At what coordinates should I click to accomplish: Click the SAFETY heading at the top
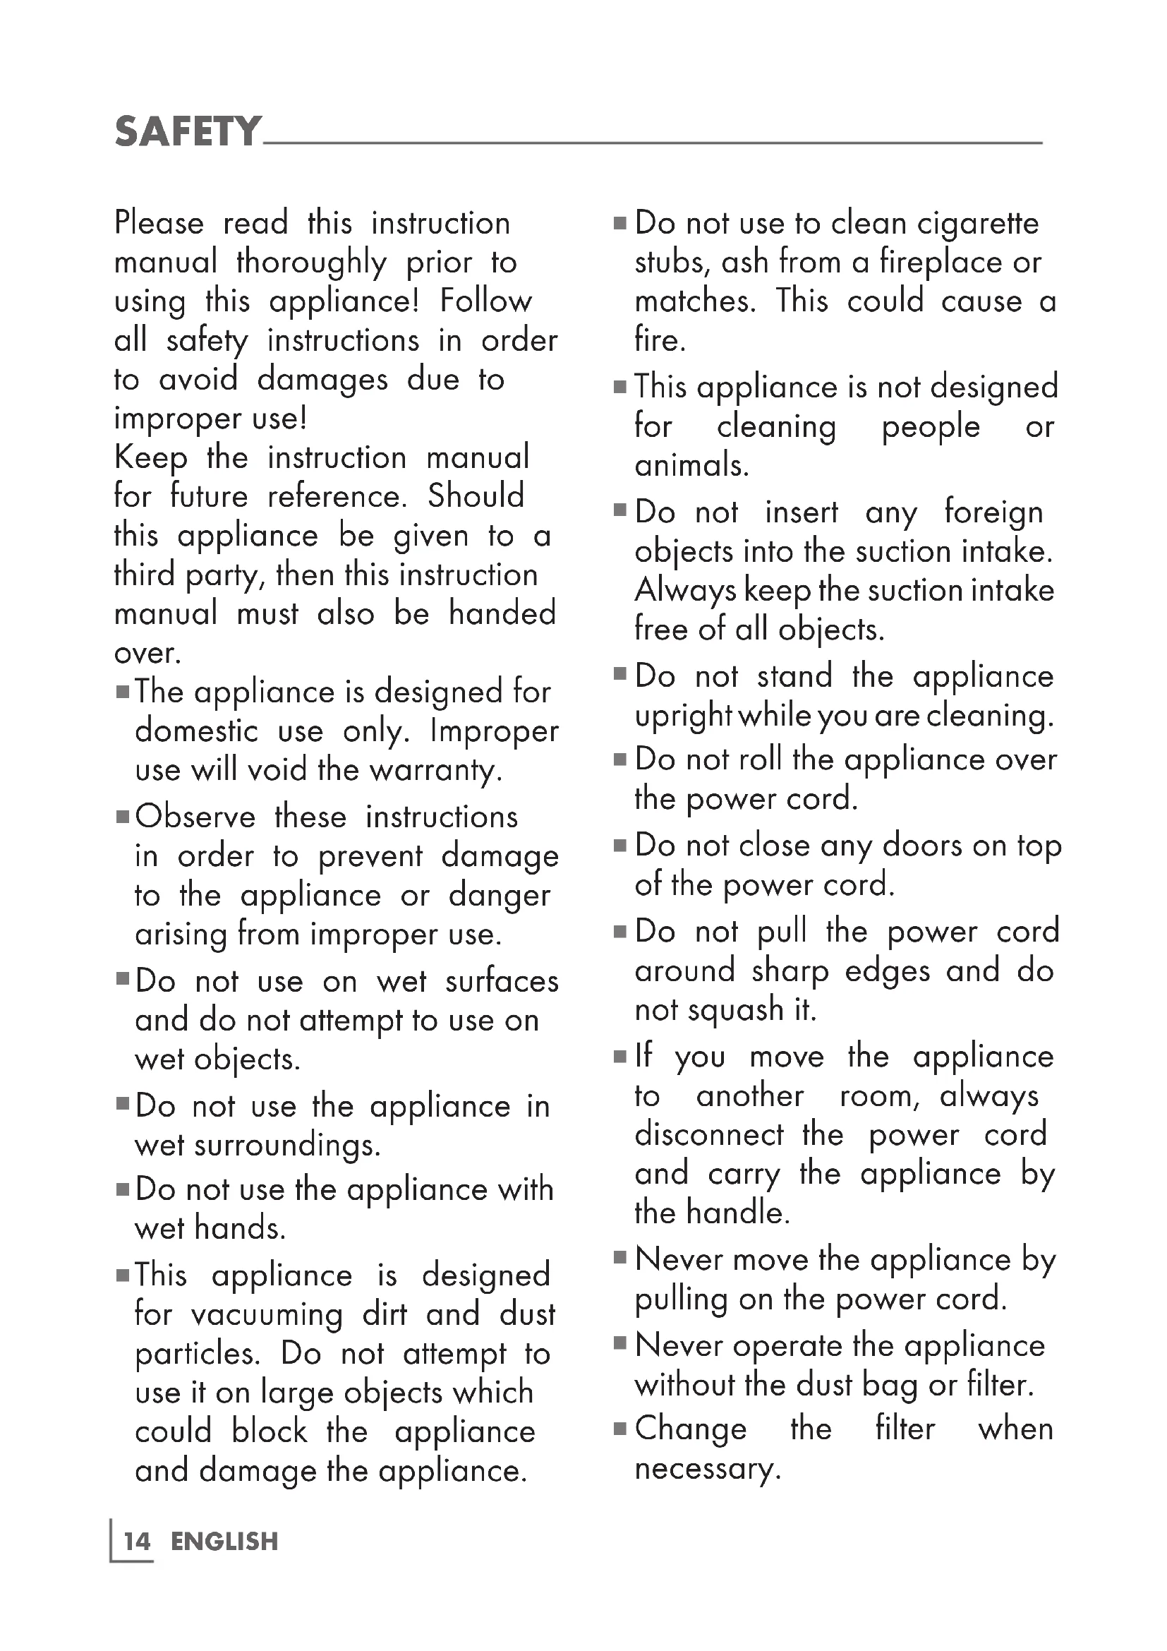point(188,131)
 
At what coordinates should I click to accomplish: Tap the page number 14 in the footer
point(137,1542)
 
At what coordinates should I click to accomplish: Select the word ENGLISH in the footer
point(224,1542)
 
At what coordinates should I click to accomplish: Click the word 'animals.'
point(691,465)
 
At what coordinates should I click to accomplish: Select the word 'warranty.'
point(435,771)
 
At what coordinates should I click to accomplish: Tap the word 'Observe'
point(195,817)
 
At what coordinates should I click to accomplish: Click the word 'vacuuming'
point(267,1315)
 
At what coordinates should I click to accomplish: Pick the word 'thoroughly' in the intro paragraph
point(311,263)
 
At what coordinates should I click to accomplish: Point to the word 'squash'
point(734,1010)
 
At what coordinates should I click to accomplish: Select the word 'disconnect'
point(709,1135)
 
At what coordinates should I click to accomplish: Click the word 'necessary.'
point(707,1468)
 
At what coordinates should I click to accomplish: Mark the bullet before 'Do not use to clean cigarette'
point(620,224)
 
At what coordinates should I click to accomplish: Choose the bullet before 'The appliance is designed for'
point(123,692)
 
